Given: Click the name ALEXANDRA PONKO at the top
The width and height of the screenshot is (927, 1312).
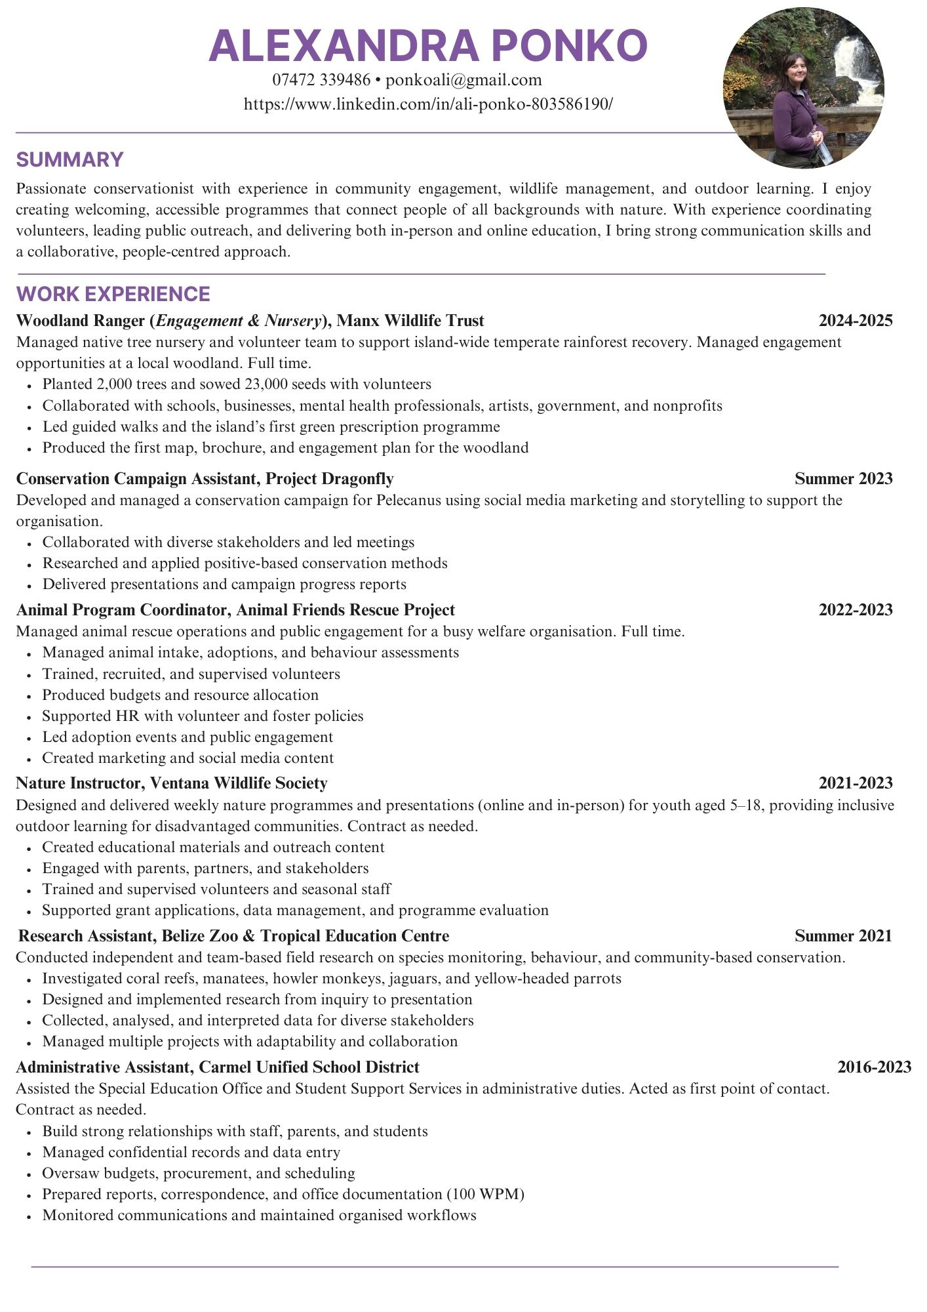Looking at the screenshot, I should coord(428,46).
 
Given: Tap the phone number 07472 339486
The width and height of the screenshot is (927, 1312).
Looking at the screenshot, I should coord(321,80).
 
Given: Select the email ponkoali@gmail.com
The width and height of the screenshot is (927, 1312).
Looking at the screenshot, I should coord(464,80).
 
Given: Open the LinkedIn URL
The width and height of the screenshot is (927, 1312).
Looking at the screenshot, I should coord(428,104).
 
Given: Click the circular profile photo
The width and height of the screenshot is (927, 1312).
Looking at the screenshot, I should coord(803,89).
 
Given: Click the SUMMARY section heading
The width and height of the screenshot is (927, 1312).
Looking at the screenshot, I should coord(69,159).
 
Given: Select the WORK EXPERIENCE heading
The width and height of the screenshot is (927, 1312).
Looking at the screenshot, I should coord(113,293).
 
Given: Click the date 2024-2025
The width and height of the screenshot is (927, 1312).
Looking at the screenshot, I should coord(855,321).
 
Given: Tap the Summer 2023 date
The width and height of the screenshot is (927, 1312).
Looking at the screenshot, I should coord(843,478).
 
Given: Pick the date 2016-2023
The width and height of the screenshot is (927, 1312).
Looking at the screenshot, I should coord(874,1067).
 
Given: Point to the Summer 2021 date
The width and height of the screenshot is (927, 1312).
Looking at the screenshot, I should coord(843,935).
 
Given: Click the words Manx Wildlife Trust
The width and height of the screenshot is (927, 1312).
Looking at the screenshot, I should coord(410,321).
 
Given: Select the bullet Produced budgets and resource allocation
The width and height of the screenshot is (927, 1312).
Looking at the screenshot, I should coord(180,695).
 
